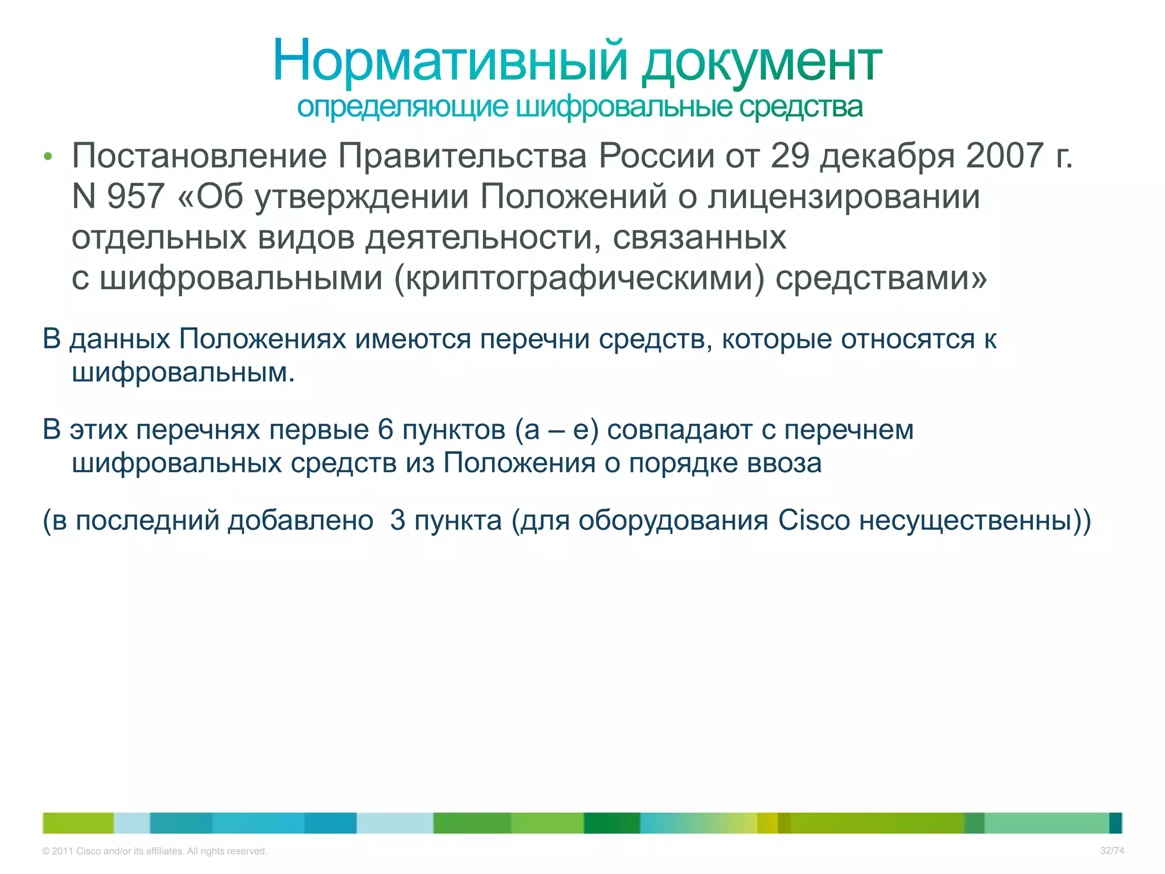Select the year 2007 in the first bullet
point(1005,155)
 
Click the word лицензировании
point(844,196)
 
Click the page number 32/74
point(1112,851)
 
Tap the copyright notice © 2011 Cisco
point(154,851)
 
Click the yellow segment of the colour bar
point(767,823)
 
